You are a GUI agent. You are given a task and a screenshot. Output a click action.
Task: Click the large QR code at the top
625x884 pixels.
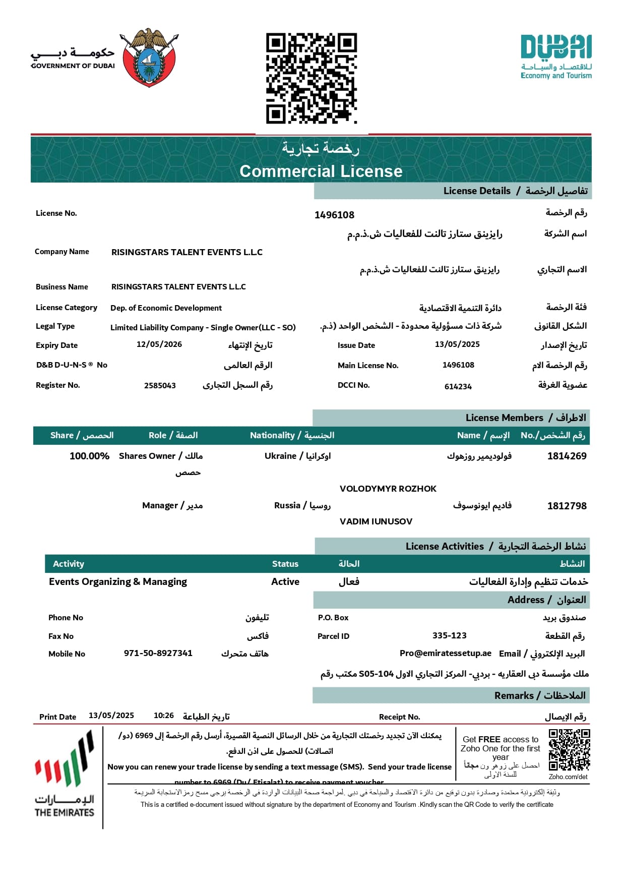(311, 78)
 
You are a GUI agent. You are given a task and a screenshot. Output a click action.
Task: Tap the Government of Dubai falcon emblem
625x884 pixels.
(149, 57)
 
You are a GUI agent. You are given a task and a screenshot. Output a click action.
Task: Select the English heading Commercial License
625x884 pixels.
(321, 171)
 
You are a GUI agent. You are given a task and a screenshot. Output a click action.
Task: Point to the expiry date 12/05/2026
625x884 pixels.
(159, 344)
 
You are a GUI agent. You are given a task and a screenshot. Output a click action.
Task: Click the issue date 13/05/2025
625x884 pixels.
(457, 344)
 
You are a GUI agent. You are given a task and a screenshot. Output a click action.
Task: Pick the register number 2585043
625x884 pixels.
(160, 386)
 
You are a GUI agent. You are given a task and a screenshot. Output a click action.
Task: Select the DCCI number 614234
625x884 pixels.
(458, 387)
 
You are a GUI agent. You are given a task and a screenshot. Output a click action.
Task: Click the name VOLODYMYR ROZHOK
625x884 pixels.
(388, 489)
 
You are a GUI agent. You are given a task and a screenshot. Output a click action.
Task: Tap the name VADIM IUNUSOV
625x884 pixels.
(376, 521)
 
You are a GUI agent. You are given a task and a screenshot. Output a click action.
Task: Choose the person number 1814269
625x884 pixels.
(567, 456)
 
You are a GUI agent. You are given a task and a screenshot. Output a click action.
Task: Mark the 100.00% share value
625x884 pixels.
(89, 456)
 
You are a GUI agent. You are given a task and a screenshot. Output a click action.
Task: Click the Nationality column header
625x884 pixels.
(292, 435)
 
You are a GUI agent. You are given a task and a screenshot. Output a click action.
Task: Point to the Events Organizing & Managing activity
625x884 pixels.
(118, 582)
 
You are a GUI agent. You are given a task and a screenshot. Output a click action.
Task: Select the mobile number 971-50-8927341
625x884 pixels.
(158, 653)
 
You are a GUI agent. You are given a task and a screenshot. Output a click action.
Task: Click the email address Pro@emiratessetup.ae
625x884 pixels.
(446, 653)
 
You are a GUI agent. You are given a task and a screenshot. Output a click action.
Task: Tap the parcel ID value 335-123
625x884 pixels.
(450, 635)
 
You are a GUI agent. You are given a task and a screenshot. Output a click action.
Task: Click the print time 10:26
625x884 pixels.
(164, 716)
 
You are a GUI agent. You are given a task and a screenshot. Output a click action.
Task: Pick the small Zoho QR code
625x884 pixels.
(569, 750)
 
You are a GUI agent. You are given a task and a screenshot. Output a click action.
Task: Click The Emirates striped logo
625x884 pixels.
(64, 774)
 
